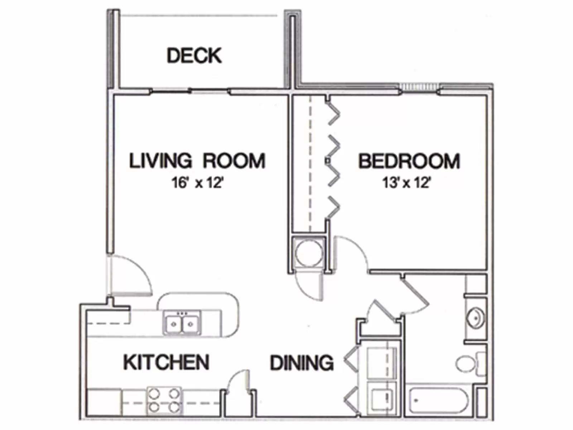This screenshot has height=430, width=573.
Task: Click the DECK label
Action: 194,56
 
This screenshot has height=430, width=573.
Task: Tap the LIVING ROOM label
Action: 197,161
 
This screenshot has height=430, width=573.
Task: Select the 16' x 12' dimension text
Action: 197,183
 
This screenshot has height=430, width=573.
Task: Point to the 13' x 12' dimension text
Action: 406,183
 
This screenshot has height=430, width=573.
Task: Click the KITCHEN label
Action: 166,362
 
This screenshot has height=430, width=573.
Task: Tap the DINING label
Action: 302,363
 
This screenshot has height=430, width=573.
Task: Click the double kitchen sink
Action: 182,323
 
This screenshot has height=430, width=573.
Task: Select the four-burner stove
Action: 164,400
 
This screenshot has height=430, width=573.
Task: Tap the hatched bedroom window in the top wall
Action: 419,87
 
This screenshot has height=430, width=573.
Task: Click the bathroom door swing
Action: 415,297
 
